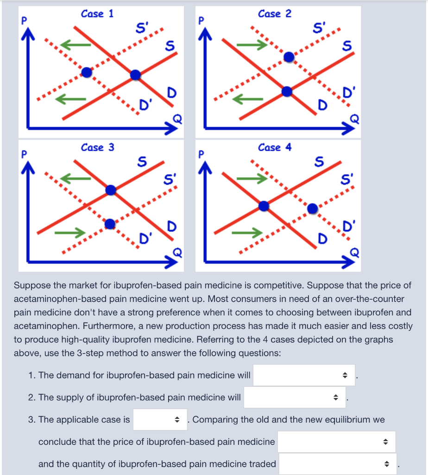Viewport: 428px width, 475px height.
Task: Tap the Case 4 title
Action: [x=275, y=148]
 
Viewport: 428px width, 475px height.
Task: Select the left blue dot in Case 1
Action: [x=87, y=72]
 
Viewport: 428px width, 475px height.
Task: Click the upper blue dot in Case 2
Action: [x=289, y=57]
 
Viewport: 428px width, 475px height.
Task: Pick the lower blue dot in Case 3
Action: [x=110, y=224]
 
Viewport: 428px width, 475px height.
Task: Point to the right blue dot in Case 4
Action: [x=313, y=208]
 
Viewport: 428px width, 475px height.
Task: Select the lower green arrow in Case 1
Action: [x=72, y=99]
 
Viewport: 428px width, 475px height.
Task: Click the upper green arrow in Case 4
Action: [x=252, y=178]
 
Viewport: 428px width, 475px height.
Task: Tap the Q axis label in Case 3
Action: [x=177, y=251]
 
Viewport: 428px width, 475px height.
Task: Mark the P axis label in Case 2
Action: [x=201, y=21]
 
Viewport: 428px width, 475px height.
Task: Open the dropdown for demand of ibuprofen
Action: [x=304, y=375]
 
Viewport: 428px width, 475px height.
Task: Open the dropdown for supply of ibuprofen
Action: [x=295, y=398]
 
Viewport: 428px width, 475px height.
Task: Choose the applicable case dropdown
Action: [x=160, y=420]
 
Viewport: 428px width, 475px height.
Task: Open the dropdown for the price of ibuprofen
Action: [x=336, y=442]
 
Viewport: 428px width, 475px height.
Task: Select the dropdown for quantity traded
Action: [x=338, y=464]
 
